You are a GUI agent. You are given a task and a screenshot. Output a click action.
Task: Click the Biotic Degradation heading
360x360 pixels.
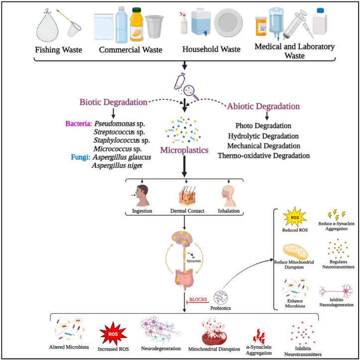pyautogui.click(x=113, y=103)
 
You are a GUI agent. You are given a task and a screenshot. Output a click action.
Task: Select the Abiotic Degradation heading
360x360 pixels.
pyautogui.click(x=263, y=106)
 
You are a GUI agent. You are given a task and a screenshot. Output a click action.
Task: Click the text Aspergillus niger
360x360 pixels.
pyautogui.click(x=118, y=165)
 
